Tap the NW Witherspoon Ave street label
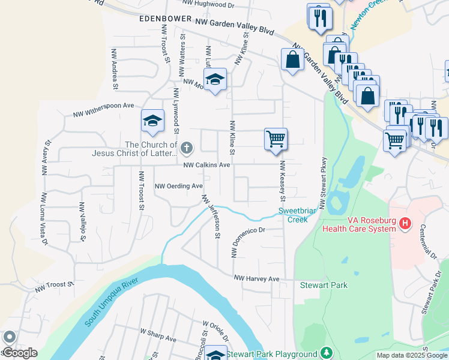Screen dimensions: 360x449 click(x=103, y=109)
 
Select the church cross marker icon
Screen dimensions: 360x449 click(x=187, y=147)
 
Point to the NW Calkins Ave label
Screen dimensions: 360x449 click(x=206, y=165)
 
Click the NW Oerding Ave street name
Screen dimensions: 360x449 click(x=179, y=186)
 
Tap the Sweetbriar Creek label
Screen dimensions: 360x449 click(x=293, y=215)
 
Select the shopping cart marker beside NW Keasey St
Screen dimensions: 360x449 click(x=276, y=139)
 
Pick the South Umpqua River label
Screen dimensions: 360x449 click(x=112, y=303)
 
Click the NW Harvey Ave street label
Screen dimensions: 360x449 click(x=257, y=279)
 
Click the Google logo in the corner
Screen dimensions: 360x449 click(x=19, y=353)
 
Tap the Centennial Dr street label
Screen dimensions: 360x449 click(x=430, y=240)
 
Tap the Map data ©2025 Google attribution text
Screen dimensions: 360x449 click(x=412, y=355)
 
